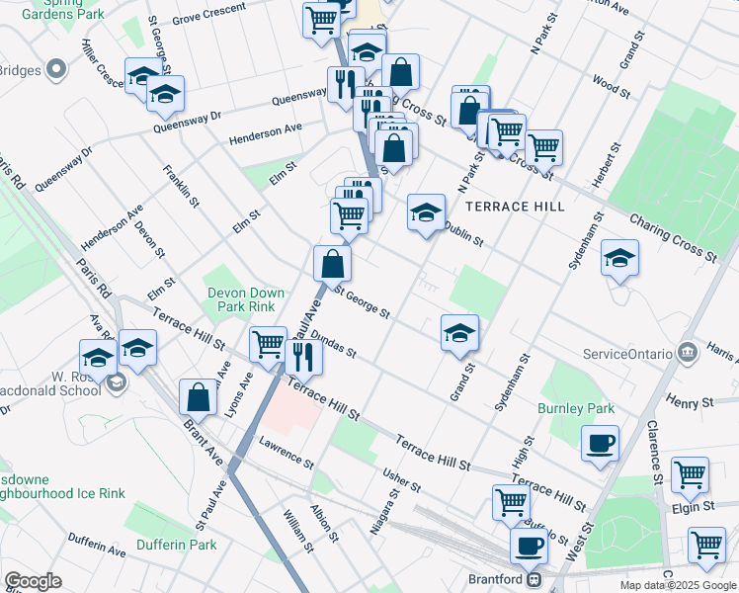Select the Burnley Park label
tap(576, 408)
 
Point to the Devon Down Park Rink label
tap(245, 300)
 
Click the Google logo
tap(33, 581)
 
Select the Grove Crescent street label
tap(208, 20)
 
